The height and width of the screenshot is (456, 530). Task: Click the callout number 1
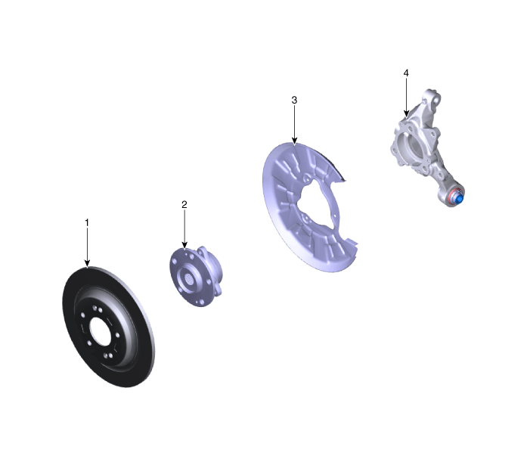coord(87,223)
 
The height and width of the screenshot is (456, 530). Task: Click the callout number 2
coord(184,204)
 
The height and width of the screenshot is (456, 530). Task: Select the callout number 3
coord(294,100)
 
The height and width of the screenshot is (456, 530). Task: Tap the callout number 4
coord(406,73)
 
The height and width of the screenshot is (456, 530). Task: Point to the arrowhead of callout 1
coord(87,264)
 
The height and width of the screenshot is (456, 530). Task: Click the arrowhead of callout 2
coord(184,245)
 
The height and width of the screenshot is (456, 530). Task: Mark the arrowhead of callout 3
coord(294,141)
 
